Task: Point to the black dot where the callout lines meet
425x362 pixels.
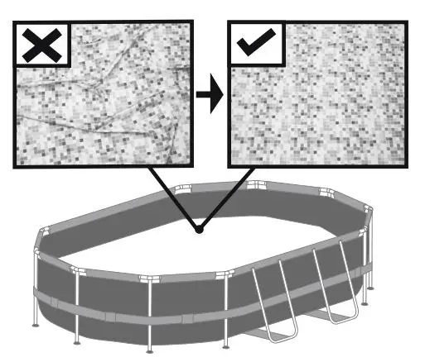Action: [199, 230]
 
